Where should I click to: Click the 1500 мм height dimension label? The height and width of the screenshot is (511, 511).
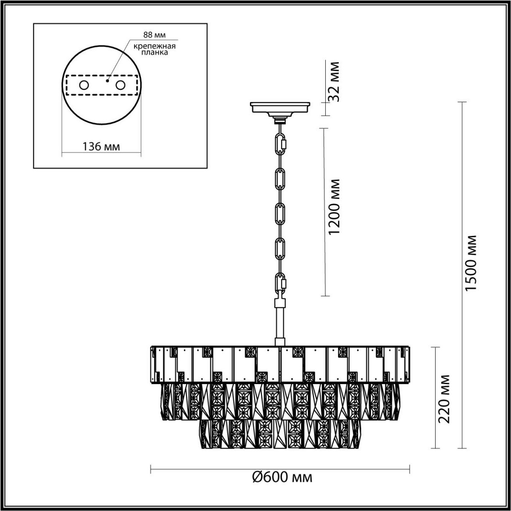coord(471,262)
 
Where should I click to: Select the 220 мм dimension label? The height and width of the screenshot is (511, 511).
coord(445,398)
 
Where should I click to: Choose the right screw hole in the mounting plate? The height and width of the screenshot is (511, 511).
coord(121,85)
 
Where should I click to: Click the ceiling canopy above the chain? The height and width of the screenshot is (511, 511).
coord(280,108)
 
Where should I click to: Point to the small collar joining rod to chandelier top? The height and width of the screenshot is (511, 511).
coord(280,341)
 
